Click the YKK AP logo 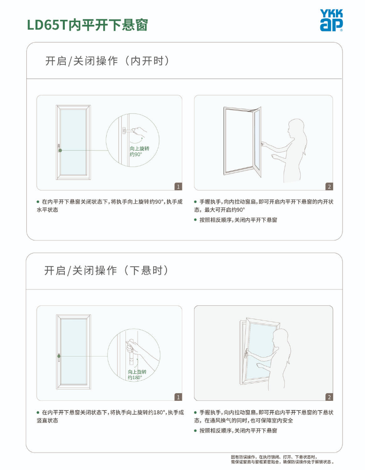[x=331, y=20]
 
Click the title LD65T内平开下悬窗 [x=87, y=24]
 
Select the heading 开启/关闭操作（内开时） [x=108, y=61]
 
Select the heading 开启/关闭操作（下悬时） [x=107, y=271]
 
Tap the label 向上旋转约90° [x=140, y=151]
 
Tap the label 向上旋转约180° [x=137, y=374]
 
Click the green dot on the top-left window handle [x=60, y=150]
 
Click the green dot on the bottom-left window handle [x=59, y=356]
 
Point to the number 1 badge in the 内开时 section [x=179, y=187]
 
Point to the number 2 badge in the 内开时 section [x=329, y=187]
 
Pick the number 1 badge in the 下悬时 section [x=179, y=397]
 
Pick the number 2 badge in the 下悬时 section [x=329, y=397]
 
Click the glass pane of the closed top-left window [x=73, y=143]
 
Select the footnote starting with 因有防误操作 [x=282, y=460]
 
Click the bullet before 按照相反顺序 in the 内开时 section [x=195, y=220]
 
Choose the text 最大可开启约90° [x=225, y=210]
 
